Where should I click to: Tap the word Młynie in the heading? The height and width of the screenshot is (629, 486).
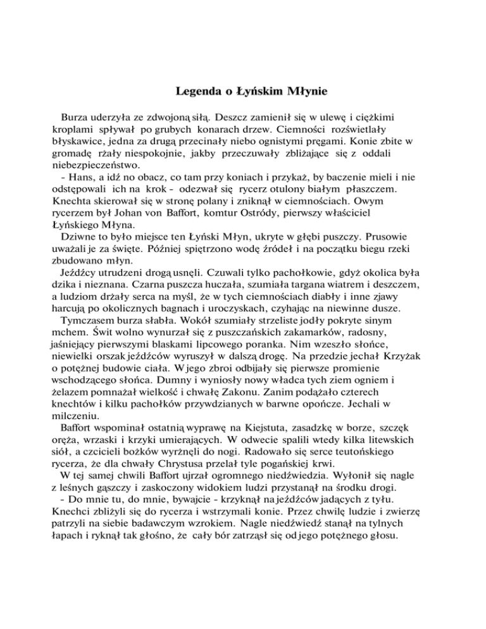pyautogui.click(x=303, y=92)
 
